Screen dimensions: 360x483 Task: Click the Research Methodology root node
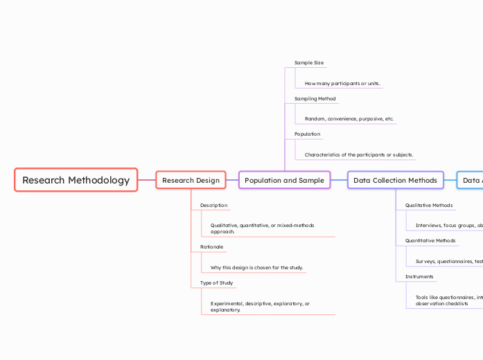point(76,180)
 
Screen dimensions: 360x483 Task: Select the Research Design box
point(191,180)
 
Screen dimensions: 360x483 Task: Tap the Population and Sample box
point(284,180)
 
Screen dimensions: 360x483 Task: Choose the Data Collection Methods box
point(395,180)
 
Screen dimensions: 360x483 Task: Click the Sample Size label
point(309,63)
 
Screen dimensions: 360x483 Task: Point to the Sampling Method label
point(315,99)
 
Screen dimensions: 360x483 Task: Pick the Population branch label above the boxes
point(307,134)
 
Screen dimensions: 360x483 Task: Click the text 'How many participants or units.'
point(342,84)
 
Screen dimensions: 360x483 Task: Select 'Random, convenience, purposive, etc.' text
point(349,119)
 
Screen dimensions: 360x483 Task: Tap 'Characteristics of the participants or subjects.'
point(360,154)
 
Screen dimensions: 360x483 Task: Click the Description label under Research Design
point(213,206)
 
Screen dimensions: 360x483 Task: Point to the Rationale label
point(211,246)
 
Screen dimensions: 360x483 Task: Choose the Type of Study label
point(216,282)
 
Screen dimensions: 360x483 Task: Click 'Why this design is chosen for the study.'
point(256,267)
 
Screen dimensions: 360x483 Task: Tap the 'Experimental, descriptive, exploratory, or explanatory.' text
point(260,307)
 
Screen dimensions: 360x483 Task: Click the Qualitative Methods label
point(428,206)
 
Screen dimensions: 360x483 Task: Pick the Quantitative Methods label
point(430,241)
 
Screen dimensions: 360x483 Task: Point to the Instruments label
point(419,277)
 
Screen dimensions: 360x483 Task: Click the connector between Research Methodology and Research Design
point(147,180)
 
